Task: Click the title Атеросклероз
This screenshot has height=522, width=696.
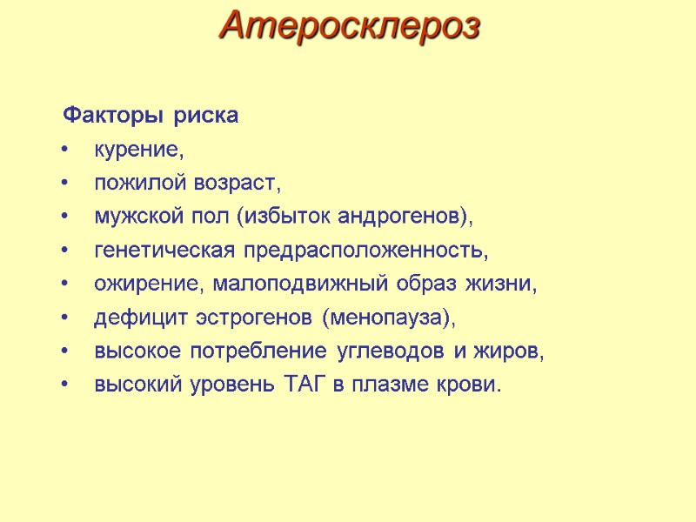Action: (x=350, y=26)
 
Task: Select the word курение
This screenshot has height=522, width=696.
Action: (x=137, y=151)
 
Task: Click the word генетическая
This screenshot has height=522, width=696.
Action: (x=163, y=251)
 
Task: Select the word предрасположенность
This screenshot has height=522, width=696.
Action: (x=364, y=251)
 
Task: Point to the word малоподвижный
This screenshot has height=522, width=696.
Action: (x=282, y=285)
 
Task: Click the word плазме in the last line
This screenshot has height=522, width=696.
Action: (x=387, y=385)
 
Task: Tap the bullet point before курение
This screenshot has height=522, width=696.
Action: (x=67, y=151)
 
